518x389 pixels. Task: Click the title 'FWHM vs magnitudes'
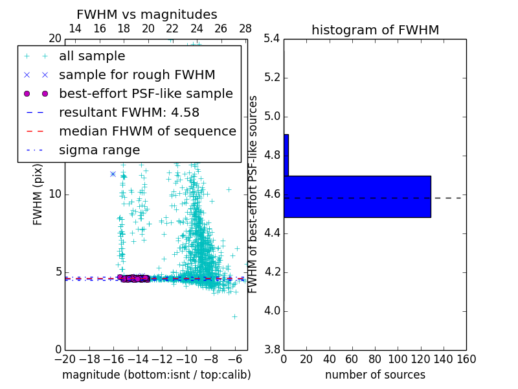[x=147, y=14]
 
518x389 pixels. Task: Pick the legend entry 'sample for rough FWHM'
[x=137, y=75]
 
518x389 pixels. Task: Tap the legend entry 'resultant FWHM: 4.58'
[x=129, y=112]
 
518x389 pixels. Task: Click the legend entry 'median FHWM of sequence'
[x=147, y=131]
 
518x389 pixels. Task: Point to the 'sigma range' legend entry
[x=99, y=150]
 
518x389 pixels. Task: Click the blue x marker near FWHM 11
[x=113, y=174]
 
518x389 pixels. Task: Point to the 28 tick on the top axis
[x=245, y=29]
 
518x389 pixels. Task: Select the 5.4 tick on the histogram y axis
[x=272, y=39]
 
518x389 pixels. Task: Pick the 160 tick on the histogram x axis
[x=466, y=359]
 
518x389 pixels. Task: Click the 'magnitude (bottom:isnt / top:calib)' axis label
[x=156, y=375]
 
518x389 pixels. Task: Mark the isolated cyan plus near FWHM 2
[x=234, y=316]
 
